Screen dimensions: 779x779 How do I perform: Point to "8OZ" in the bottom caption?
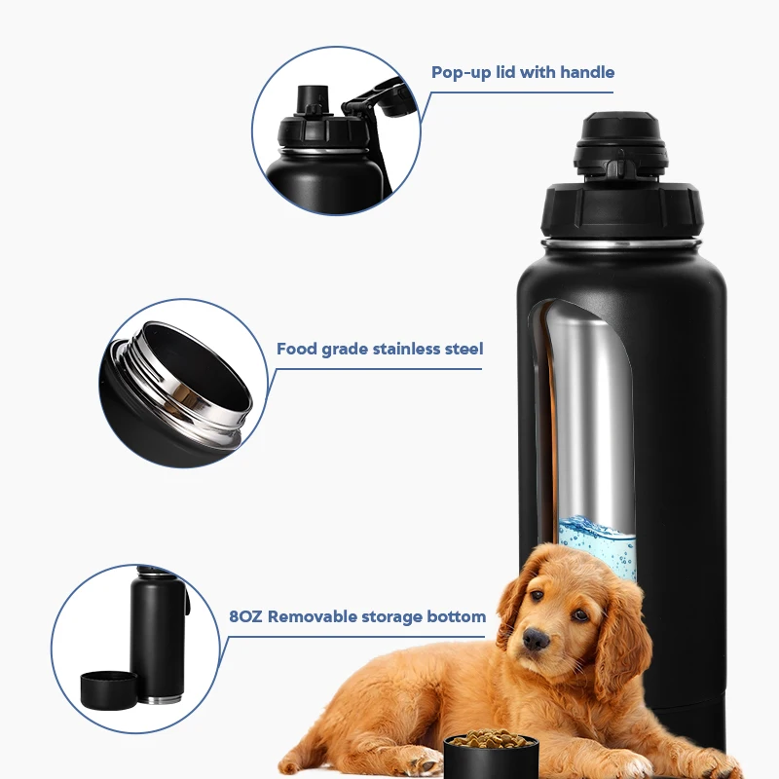pos(246,616)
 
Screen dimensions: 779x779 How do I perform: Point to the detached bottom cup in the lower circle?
pos(108,690)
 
